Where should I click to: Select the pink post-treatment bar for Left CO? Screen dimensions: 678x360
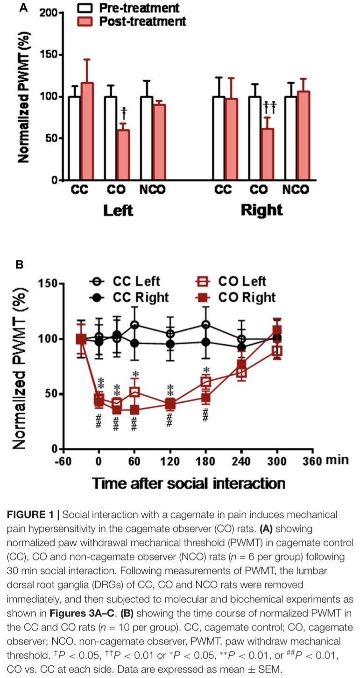[x=123, y=155]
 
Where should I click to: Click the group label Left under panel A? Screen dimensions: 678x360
[x=118, y=210]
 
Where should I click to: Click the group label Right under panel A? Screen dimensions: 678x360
[x=261, y=210]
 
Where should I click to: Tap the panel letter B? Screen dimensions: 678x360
[x=20, y=265]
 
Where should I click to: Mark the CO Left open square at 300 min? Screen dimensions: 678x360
[x=277, y=350]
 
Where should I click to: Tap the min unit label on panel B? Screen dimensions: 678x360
[x=337, y=460]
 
